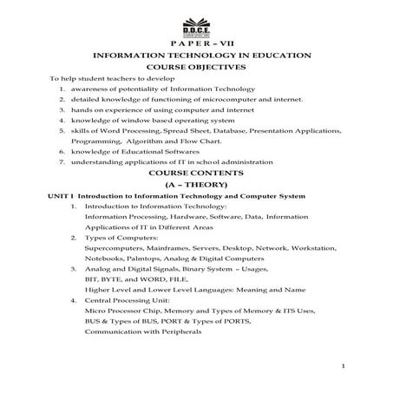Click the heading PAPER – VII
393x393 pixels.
pyautogui.click(x=195, y=43)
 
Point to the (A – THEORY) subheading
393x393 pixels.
pyautogui.click(x=195, y=185)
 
